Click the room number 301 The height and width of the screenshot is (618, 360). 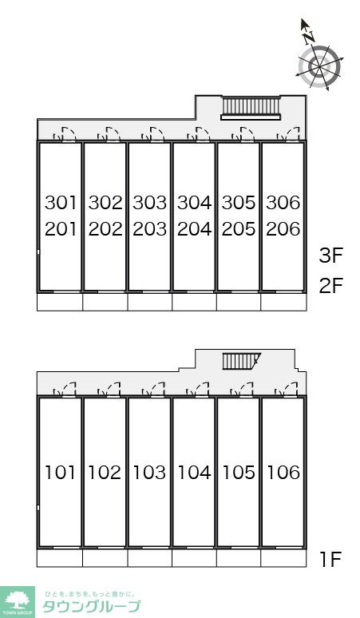click(x=60, y=203)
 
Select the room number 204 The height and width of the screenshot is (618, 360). click(x=194, y=229)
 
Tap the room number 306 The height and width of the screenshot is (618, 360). click(x=283, y=203)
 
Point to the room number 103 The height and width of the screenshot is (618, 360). click(x=149, y=472)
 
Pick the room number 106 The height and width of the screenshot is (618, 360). click(x=283, y=472)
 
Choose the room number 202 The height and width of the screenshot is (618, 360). click(x=105, y=229)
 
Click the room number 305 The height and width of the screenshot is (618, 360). click(x=239, y=203)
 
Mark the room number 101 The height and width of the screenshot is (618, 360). click(x=60, y=472)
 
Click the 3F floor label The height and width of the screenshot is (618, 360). click(x=330, y=256)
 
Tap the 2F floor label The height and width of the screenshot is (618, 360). click(x=330, y=286)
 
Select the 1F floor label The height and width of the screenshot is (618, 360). click(x=330, y=559)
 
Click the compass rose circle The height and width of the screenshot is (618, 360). click(x=319, y=65)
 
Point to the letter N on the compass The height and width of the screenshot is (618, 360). click(x=309, y=37)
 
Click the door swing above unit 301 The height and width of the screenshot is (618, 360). click(x=65, y=134)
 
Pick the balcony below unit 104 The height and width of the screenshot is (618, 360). click(x=194, y=558)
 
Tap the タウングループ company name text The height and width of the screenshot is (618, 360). click(x=91, y=606)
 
